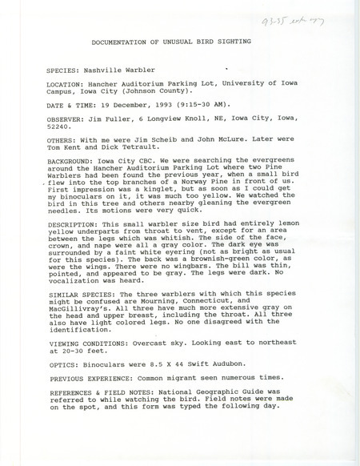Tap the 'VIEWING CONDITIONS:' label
[89, 384]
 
